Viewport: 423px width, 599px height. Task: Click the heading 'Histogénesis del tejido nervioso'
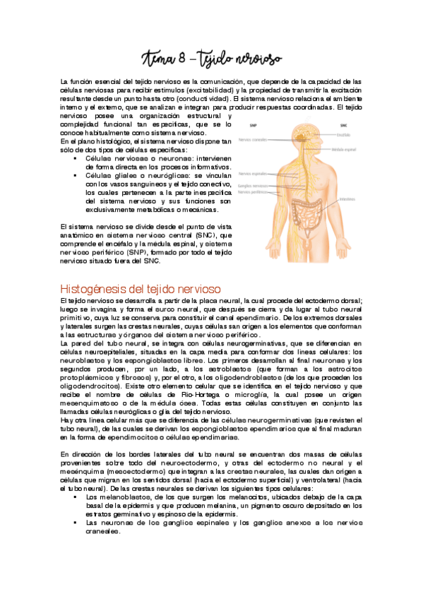(x=141, y=289)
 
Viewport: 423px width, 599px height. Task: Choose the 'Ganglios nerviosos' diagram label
(x=256, y=186)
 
